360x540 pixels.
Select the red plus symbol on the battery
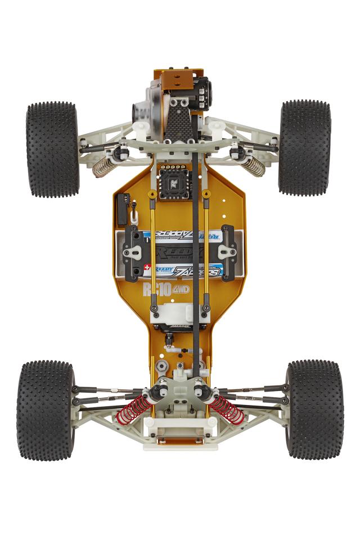(x=147, y=268)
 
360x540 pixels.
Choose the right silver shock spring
(x=253, y=164)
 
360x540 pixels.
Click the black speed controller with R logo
(x=173, y=183)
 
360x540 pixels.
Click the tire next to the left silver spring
(x=52, y=149)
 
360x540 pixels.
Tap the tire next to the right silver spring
(x=305, y=147)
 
